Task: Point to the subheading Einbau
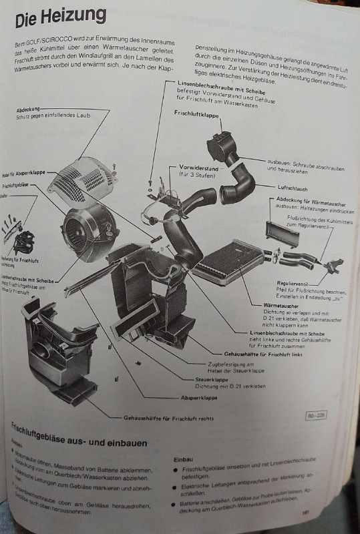[x=184, y=460]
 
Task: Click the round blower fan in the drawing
[x=86, y=231]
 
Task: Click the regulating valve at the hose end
[x=331, y=265]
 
